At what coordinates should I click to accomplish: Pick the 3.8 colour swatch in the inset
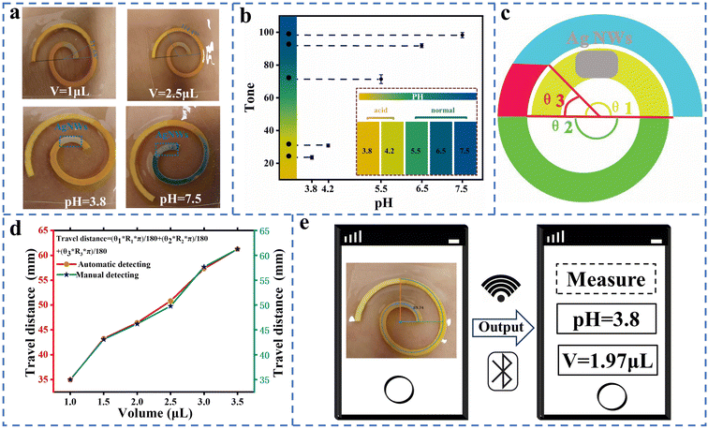(x=367, y=149)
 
